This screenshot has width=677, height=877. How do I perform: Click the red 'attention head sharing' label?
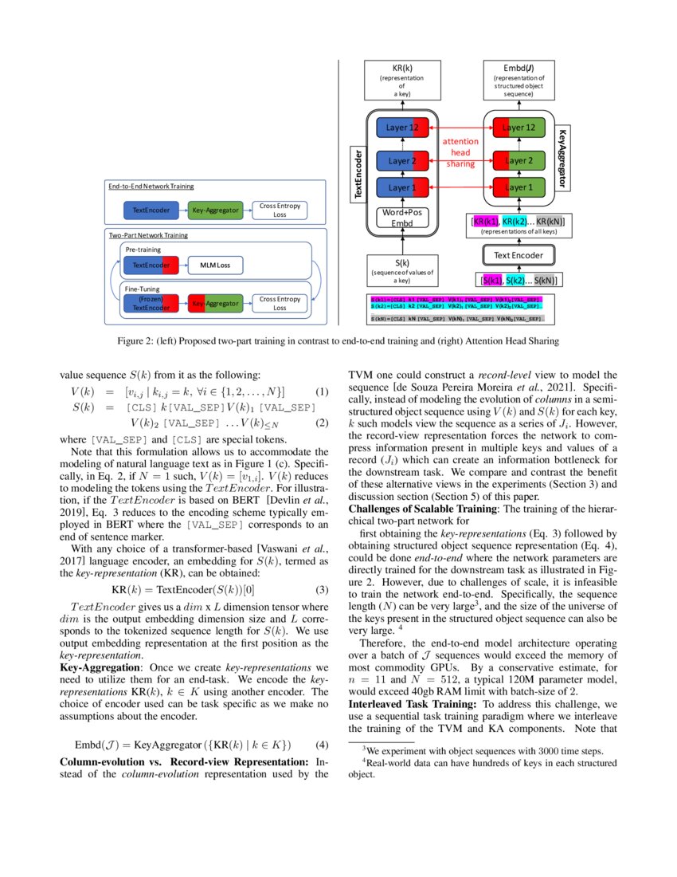pyautogui.click(x=460, y=151)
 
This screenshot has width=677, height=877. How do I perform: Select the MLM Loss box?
pyautogui.click(x=214, y=265)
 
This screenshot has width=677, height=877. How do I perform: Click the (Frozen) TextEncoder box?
pyautogui.click(x=151, y=304)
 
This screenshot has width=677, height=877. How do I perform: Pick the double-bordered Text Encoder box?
pyautogui.click(x=519, y=256)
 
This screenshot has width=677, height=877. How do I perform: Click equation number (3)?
pyautogui.click(x=322, y=590)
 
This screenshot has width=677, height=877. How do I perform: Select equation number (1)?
pyautogui.click(x=322, y=391)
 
